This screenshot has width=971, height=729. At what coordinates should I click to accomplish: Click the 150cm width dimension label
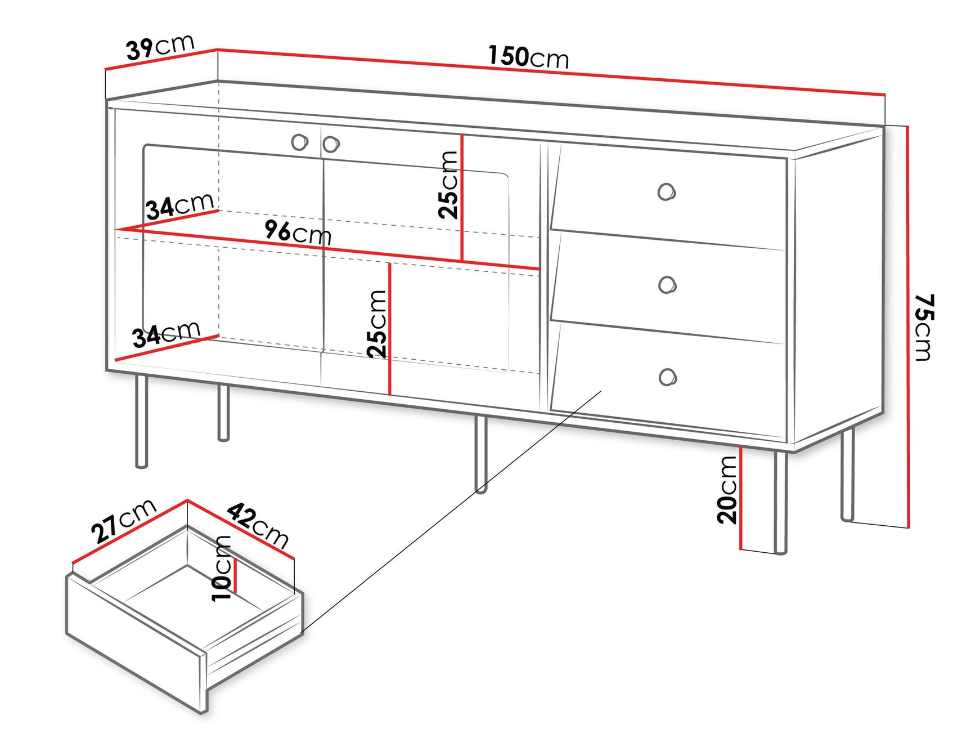coord(528,57)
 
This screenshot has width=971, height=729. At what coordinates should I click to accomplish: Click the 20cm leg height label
coord(727,490)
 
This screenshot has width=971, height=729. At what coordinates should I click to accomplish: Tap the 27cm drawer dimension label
coord(123,520)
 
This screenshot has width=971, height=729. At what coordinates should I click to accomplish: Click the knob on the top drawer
coord(666,192)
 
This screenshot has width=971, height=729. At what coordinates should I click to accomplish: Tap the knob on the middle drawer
coord(667,285)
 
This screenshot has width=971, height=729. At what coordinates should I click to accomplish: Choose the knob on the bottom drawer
coord(667,377)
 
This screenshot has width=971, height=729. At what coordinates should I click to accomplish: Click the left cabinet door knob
coord(300,142)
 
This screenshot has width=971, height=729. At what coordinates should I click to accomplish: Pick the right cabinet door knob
coord(331,144)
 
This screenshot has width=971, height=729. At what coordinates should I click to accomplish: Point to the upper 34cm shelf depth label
coord(179,205)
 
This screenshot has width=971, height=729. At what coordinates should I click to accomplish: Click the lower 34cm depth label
coord(166,334)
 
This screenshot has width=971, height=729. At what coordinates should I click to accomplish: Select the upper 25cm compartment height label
coord(449,184)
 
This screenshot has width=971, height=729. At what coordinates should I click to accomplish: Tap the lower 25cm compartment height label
coord(377,324)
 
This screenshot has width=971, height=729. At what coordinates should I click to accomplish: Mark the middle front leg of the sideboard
coord(480,454)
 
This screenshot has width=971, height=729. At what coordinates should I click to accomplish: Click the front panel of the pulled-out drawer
coord(135,642)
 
